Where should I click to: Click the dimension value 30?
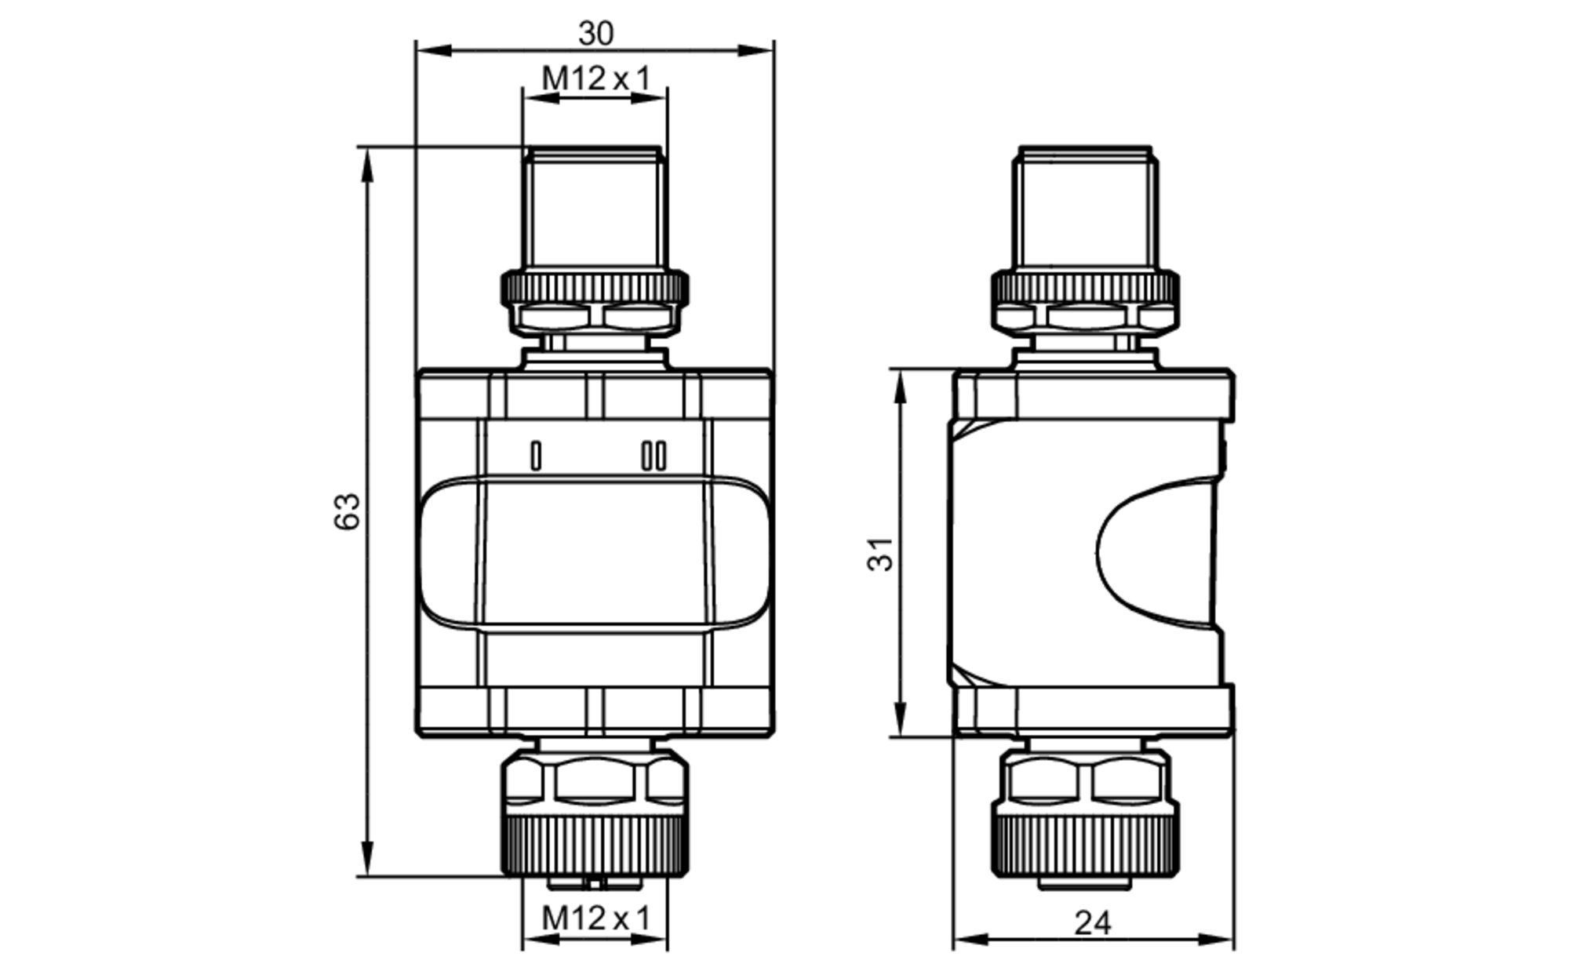pos(595,34)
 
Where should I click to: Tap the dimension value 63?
pos(348,511)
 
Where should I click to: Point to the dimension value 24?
pos(1092,923)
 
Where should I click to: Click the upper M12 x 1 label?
pos(596,78)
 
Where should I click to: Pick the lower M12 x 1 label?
pos(596,918)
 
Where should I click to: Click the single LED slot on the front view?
pos(536,456)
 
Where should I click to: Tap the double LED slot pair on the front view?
pos(654,456)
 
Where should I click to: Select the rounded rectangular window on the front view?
pos(595,553)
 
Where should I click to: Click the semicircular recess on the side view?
pos(1098,554)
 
